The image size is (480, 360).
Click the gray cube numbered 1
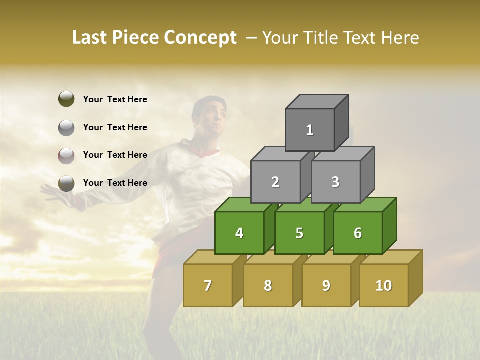(x=310, y=130)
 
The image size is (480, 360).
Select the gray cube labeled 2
(x=275, y=182)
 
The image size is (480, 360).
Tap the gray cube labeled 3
(x=335, y=182)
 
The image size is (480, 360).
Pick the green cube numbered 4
(x=239, y=233)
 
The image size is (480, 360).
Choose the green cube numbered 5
(x=299, y=233)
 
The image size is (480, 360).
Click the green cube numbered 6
(x=358, y=233)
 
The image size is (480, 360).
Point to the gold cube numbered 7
(x=208, y=285)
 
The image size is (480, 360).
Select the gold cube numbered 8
(x=268, y=285)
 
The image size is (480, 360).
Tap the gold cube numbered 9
(x=326, y=285)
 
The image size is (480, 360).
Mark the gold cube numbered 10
(x=384, y=285)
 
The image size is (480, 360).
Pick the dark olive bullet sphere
(x=66, y=99)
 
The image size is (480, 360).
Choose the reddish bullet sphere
(x=66, y=155)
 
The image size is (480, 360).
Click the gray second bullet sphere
(x=66, y=127)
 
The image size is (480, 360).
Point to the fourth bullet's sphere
(x=66, y=183)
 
